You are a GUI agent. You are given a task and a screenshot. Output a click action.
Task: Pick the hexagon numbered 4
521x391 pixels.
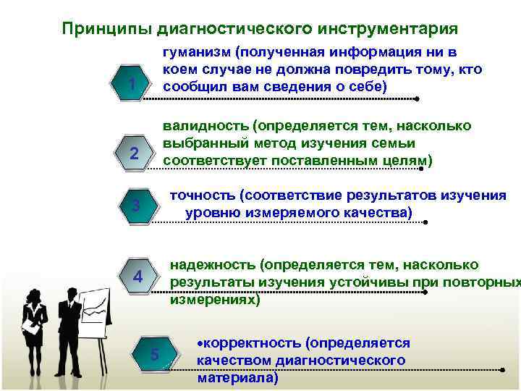click(139, 278)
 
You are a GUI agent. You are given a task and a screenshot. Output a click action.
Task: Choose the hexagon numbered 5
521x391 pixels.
click(153, 354)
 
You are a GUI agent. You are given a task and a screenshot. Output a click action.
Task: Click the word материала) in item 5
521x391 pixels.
click(237, 377)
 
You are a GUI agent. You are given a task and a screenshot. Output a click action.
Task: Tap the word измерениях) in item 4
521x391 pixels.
click(214, 299)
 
